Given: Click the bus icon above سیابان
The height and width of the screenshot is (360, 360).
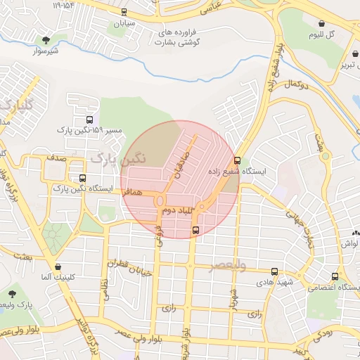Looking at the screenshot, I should tap(124, 12).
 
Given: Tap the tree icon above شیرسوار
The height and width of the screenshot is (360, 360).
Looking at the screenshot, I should tap(46, 40).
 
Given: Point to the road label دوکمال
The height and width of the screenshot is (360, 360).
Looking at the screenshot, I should tap(297, 84).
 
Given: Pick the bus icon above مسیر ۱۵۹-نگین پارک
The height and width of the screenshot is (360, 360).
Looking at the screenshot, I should tap(89, 120).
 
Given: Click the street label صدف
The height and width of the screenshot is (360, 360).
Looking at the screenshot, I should tap(57, 158).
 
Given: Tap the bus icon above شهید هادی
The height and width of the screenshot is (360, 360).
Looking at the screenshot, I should tap(274, 271).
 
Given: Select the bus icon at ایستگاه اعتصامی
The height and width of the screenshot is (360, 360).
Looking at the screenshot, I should tap(335, 276).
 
